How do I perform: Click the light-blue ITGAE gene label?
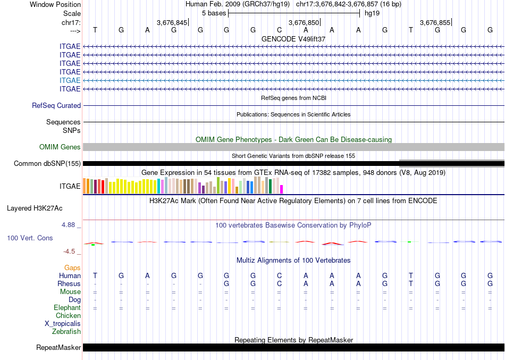70,80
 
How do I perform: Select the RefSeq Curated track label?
56,105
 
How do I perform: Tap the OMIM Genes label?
60,147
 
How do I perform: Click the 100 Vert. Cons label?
30,238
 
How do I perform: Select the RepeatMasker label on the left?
58,348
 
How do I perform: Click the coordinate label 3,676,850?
304,22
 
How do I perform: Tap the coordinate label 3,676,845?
172,22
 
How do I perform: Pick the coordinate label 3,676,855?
435,22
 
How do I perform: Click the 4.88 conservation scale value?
69,224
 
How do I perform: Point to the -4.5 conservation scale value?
70,252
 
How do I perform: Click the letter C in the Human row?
279,275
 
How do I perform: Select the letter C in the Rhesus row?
279,283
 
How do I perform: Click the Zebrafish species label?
66,331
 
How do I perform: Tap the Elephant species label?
67,307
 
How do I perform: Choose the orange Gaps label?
72,267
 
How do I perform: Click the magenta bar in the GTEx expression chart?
282,189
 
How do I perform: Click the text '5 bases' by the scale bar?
214,13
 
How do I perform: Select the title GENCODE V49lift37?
293,39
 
